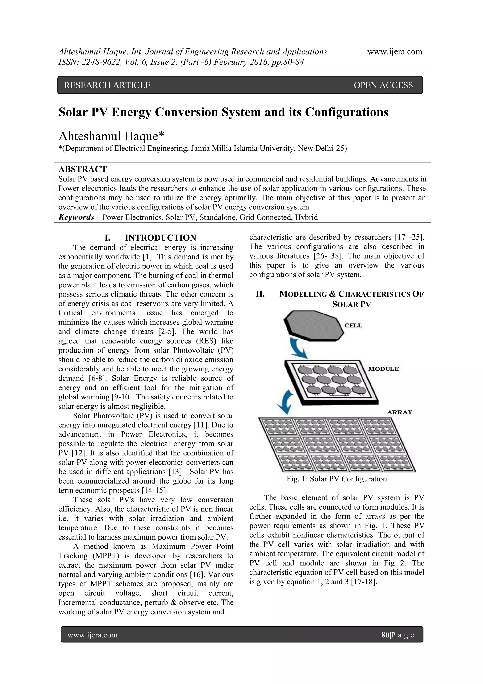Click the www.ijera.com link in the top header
click(x=395, y=52)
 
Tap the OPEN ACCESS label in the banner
click(x=383, y=85)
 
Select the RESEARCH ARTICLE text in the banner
click(x=108, y=85)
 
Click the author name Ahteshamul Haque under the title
click(x=111, y=136)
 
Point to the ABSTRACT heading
click(x=83, y=169)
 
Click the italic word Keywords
click(x=76, y=217)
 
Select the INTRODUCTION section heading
click(x=160, y=238)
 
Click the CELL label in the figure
click(x=353, y=326)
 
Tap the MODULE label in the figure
click(x=383, y=369)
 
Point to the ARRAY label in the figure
click(x=399, y=412)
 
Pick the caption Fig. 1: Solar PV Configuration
click(x=337, y=479)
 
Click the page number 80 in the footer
click(x=385, y=635)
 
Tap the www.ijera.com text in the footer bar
click(x=92, y=635)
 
